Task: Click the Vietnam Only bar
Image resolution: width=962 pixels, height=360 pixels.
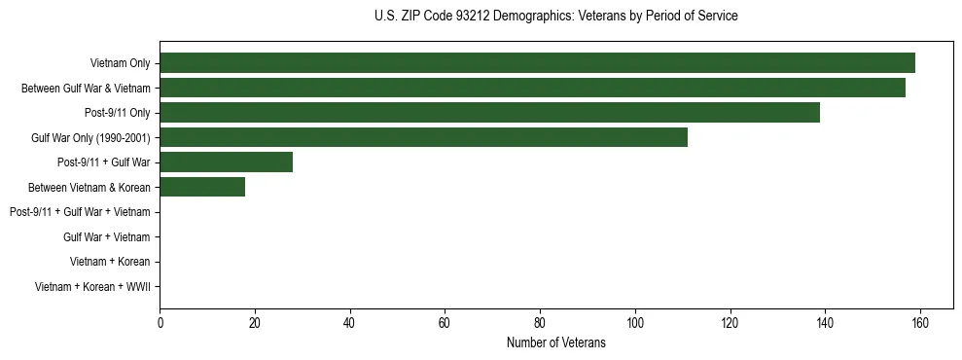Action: [x=537, y=63]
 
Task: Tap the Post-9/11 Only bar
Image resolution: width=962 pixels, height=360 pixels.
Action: [x=489, y=113]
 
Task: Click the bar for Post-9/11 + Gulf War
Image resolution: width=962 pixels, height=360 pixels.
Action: [x=226, y=162]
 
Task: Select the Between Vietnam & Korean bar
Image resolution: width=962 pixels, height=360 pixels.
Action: [x=202, y=188]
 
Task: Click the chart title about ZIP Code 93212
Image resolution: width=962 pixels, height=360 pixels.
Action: [x=555, y=17]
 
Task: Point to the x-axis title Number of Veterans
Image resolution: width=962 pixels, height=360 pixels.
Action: [x=555, y=342]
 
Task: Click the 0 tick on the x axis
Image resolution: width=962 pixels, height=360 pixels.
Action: [x=160, y=323]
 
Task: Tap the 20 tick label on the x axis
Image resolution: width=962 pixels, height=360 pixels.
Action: [x=255, y=323]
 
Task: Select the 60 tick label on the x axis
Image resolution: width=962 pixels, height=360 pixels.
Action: [x=445, y=323]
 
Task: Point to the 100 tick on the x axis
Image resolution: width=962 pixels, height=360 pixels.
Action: [x=634, y=323]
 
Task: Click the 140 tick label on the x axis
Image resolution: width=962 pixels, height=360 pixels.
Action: [x=825, y=323]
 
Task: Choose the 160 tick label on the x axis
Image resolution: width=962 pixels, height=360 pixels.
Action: [x=919, y=323]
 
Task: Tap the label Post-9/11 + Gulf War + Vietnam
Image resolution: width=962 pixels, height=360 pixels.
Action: [x=80, y=212]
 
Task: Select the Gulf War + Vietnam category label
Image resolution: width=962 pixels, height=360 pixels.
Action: [x=106, y=237]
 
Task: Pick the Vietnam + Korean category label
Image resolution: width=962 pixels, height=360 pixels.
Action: [x=110, y=262]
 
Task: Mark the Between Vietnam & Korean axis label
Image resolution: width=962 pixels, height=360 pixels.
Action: [x=89, y=188]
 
